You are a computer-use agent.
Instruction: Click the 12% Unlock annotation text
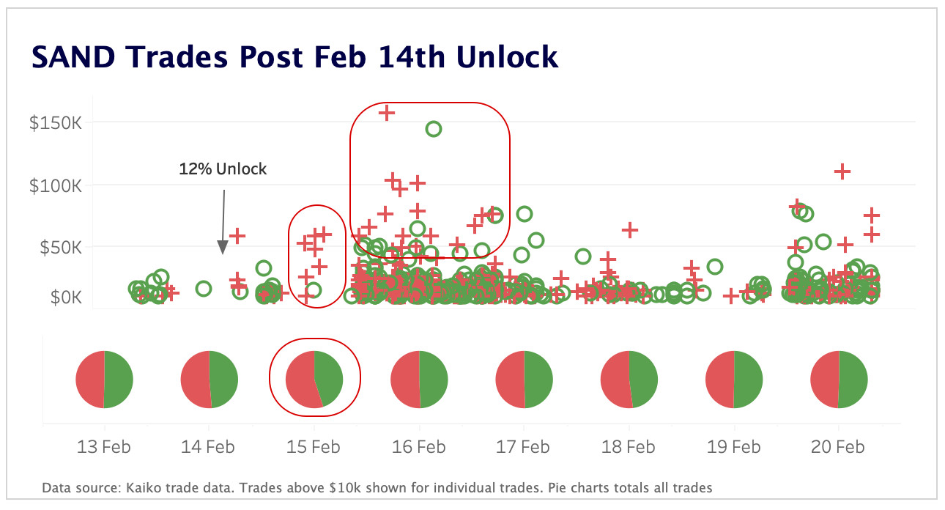[x=223, y=169]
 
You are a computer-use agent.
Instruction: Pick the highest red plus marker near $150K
[x=386, y=113]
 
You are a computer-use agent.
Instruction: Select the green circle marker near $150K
[x=433, y=129]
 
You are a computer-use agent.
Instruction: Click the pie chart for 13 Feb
[x=104, y=380]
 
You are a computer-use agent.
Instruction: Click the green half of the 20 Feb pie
[x=853, y=380]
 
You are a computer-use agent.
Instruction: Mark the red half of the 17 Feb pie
[x=510, y=380]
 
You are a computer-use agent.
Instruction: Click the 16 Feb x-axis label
[x=419, y=447]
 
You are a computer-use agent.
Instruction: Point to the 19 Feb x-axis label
[x=733, y=447]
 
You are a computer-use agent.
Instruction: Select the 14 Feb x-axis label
[x=209, y=447]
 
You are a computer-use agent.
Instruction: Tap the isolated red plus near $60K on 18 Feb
[x=629, y=230]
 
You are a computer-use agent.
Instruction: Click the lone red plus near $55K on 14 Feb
[x=237, y=236]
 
